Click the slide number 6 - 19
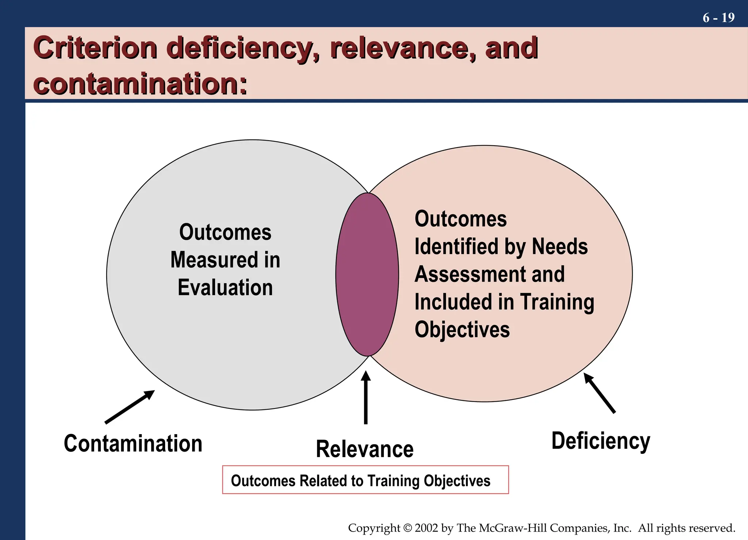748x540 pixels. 718,18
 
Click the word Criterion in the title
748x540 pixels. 95,48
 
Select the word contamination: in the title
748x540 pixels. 140,84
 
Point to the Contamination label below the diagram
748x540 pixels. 133,444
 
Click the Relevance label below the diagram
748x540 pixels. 365,449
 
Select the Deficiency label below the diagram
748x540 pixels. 601,441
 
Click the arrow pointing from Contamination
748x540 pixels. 130,407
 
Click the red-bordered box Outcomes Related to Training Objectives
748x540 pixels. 365,480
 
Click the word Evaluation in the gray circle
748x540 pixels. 225,288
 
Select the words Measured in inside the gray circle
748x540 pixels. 225,260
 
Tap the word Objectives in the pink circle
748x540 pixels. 462,330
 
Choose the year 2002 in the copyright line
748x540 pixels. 426,528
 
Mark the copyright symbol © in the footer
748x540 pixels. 407,528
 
